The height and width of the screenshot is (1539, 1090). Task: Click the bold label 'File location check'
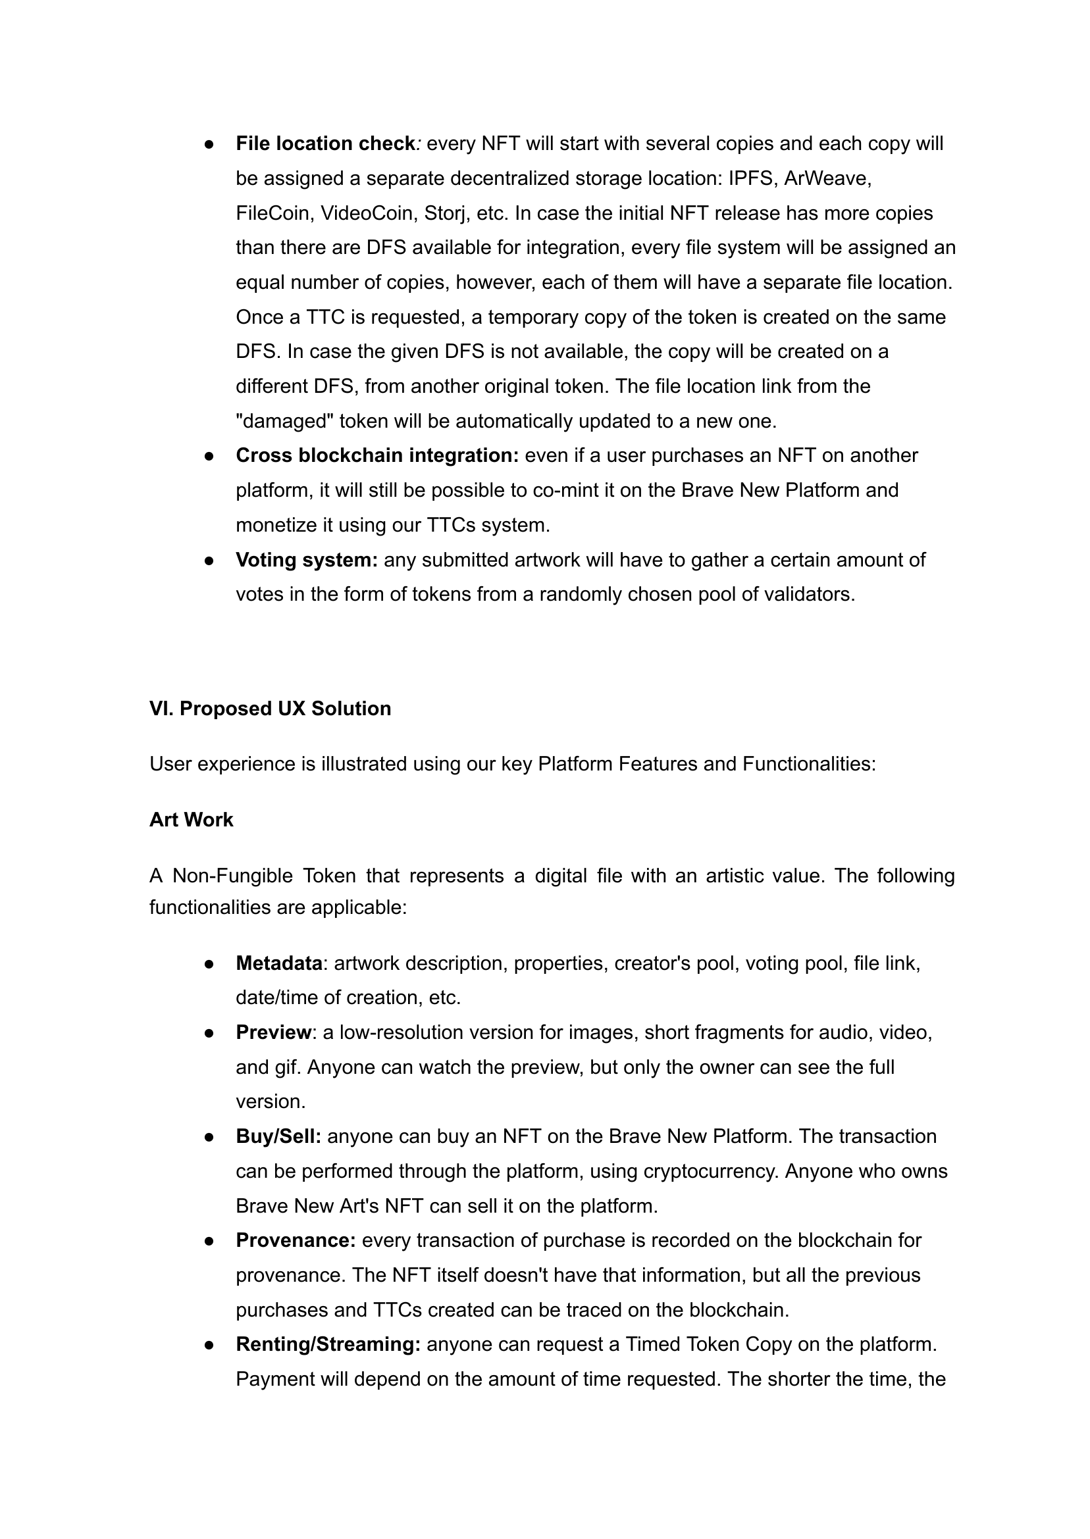pos(326,143)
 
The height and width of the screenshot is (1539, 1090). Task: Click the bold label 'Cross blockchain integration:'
pos(377,455)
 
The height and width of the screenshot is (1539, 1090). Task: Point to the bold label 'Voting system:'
pos(307,559)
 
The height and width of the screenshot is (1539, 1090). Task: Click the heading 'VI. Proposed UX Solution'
pos(270,709)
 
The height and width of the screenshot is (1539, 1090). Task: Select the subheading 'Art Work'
pos(192,820)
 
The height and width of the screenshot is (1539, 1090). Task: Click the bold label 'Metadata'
pos(279,963)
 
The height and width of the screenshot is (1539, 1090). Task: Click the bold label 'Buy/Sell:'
pos(278,1136)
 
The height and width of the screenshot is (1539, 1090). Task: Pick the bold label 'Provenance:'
pos(296,1240)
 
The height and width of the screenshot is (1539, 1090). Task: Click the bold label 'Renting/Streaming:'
pos(328,1344)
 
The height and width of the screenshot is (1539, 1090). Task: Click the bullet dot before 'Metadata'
pos(209,964)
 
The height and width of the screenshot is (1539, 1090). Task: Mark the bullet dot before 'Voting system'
pos(209,560)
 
